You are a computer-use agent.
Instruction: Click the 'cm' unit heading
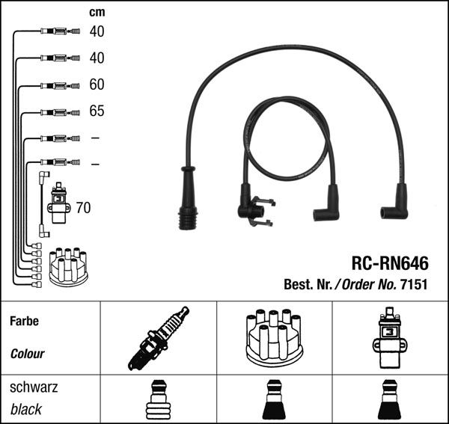(x=97, y=12)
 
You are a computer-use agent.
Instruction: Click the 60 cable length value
(x=97, y=85)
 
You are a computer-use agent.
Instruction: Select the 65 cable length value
(x=97, y=111)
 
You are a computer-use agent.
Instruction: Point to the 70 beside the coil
(x=83, y=207)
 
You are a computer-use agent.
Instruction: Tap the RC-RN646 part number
(x=390, y=263)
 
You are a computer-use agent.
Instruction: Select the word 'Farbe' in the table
(x=24, y=322)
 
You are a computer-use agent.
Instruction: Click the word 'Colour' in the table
(x=28, y=354)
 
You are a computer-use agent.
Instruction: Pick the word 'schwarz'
(x=34, y=387)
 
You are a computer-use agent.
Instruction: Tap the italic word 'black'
(x=26, y=409)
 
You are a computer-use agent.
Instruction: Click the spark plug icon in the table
(x=159, y=338)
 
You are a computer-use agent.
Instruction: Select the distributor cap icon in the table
(x=273, y=338)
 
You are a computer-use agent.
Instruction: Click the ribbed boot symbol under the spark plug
(x=159, y=402)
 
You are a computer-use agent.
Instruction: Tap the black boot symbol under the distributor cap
(x=273, y=402)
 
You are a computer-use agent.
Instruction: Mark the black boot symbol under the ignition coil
(x=389, y=402)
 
